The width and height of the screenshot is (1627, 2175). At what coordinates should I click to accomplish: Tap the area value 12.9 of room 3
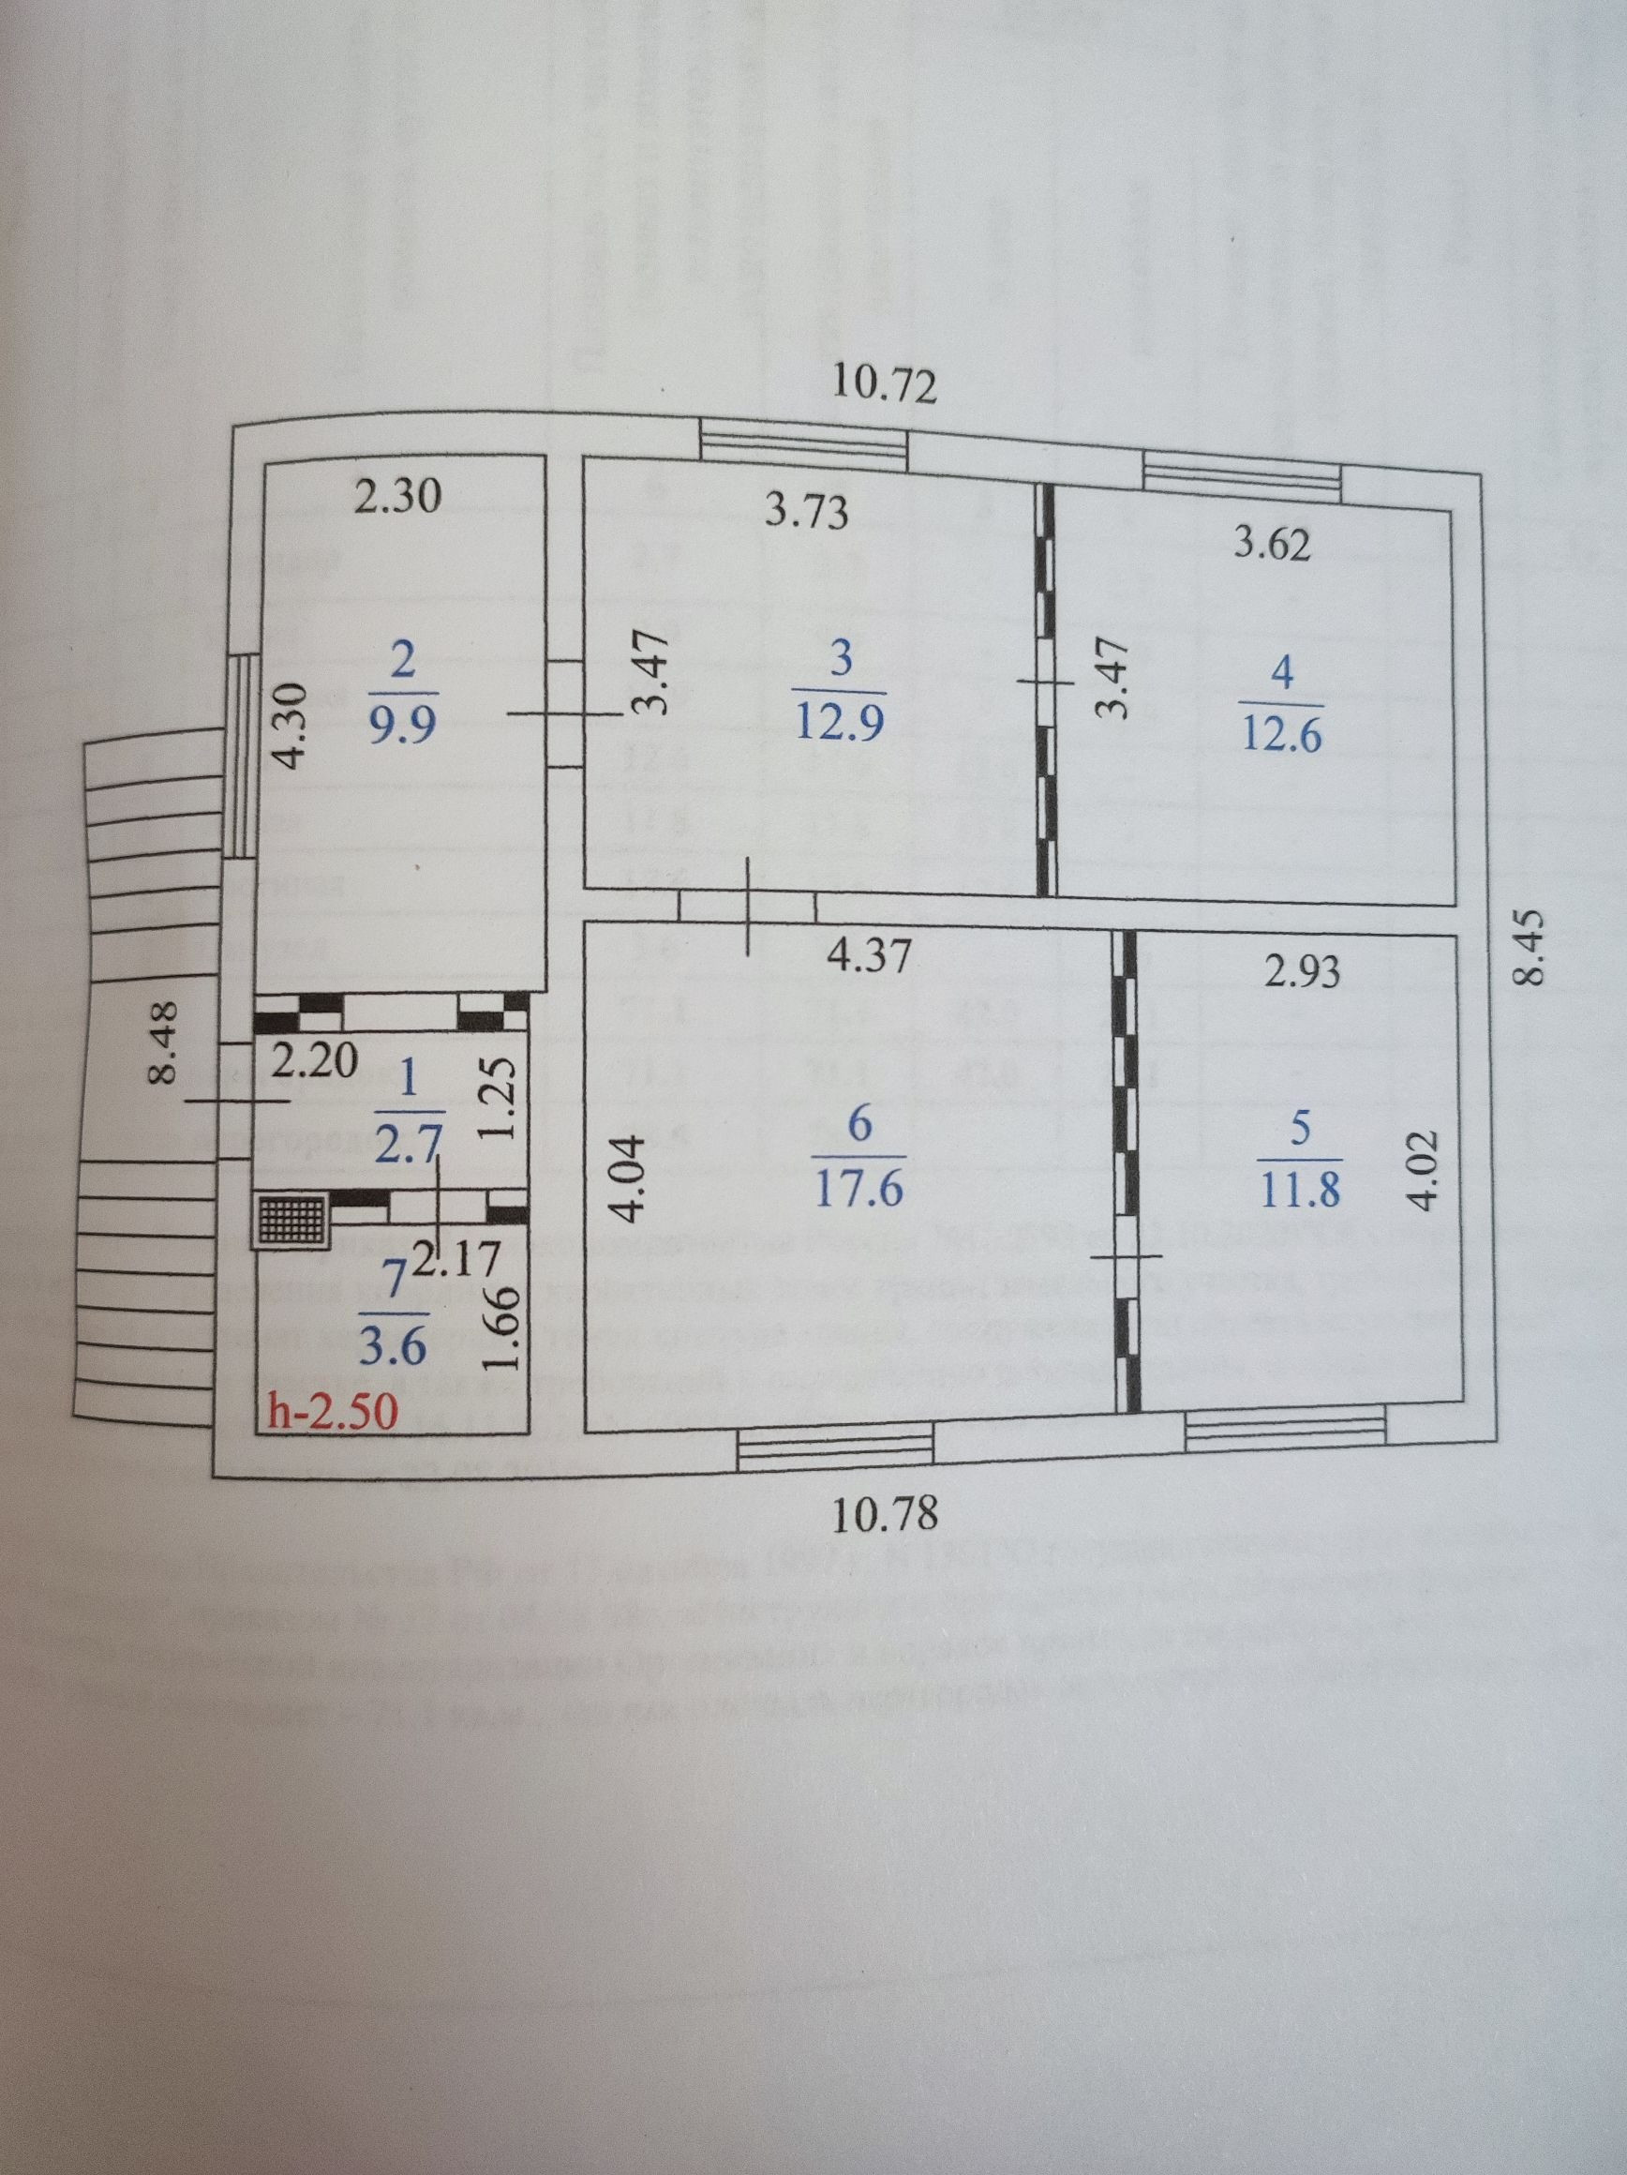pyautogui.click(x=841, y=725)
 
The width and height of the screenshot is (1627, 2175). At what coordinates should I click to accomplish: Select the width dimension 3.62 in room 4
pyautogui.click(x=1273, y=545)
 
